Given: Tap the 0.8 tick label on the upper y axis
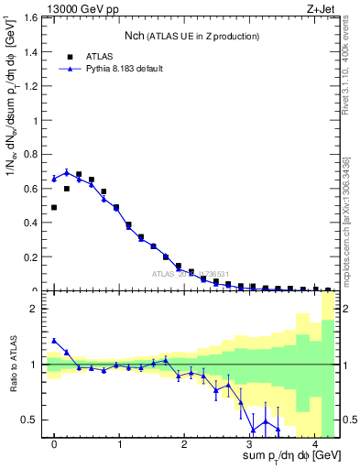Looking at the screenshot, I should (31, 154).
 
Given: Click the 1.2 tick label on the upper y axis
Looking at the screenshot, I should (31, 86).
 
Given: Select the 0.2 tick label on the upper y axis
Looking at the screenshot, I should (31, 256).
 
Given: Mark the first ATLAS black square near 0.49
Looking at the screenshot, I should (54, 207).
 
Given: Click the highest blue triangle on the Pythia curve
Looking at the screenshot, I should (67, 172).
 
